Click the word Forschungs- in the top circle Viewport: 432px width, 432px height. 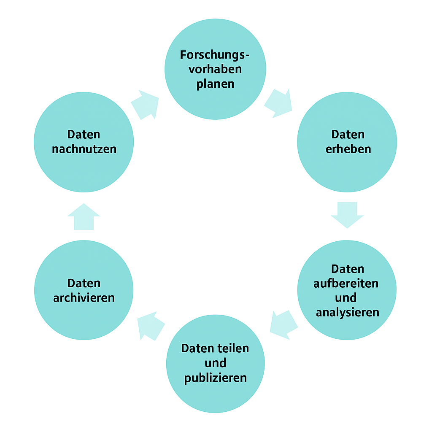click(x=215, y=55)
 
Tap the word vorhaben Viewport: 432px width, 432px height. click(x=215, y=69)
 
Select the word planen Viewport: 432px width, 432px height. click(x=215, y=84)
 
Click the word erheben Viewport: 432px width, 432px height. click(x=348, y=149)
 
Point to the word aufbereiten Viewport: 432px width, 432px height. click(x=346, y=283)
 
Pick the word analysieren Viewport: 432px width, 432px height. click(x=348, y=313)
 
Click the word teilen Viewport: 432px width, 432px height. click(x=232, y=348)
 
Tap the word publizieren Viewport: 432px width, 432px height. click(x=216, y=378)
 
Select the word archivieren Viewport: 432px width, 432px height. click(x=84, y=298)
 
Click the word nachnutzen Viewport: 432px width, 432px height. click(x=84, y=149)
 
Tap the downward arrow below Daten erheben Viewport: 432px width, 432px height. click(x=347, y=215)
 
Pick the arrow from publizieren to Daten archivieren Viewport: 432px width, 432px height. click(x=151, y=326)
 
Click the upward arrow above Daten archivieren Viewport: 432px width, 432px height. click(x=84, y=216)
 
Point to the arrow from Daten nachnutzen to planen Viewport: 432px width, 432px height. click(x=145, y=105)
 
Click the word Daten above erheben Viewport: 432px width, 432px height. click(x=348, y=135)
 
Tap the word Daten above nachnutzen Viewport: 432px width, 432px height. click(x=84, y=135)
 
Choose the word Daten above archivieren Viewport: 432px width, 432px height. click(x=84, y=283)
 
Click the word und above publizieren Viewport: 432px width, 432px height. click(x=215, y=363)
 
